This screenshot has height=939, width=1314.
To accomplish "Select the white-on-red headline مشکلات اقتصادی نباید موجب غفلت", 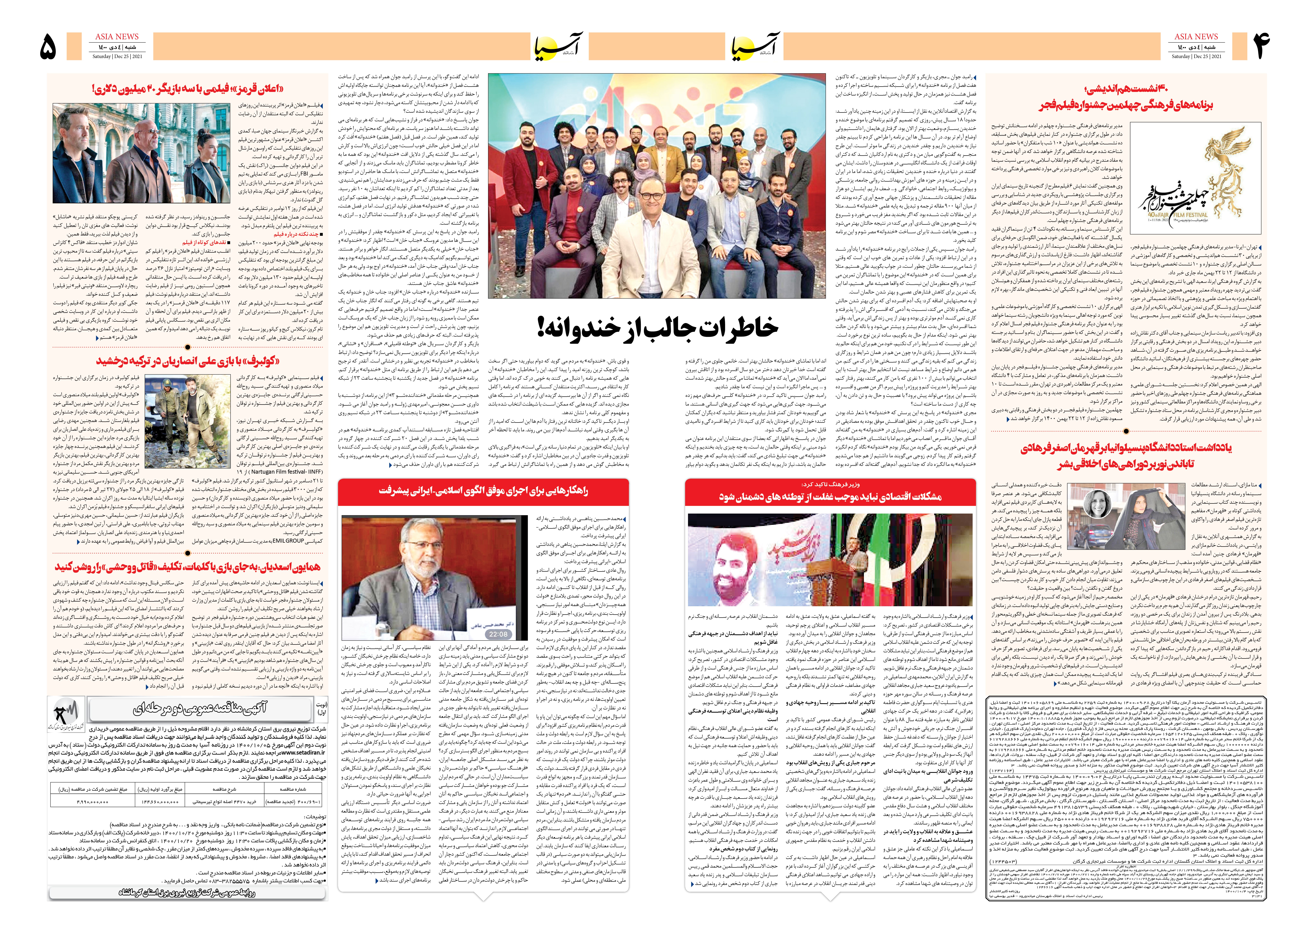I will [x=830, y=497].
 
